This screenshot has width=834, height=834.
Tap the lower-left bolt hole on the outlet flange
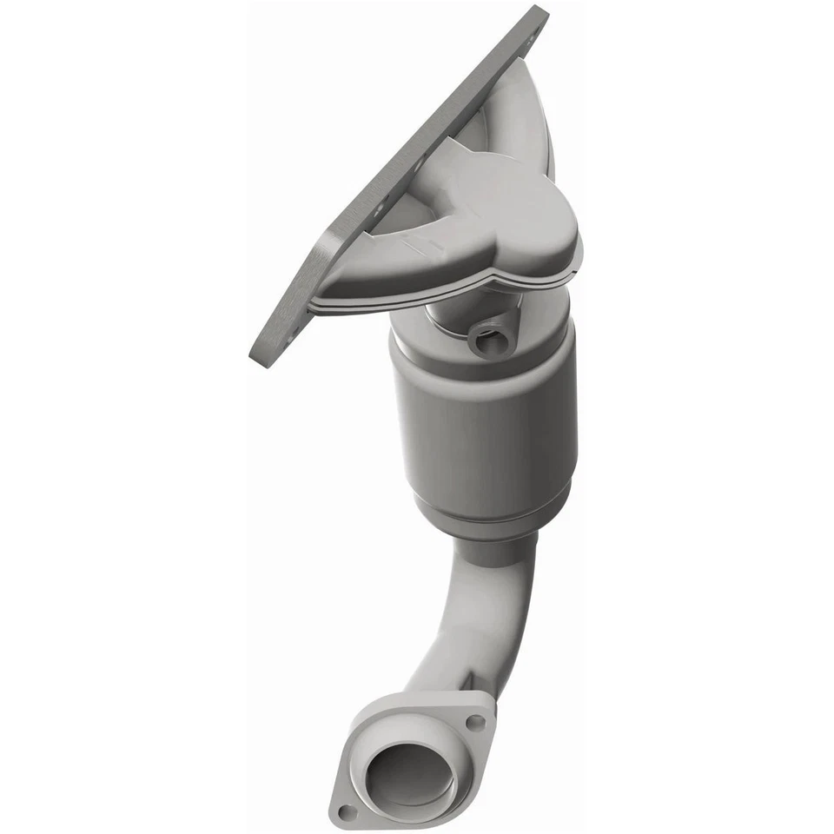[x=347, y=812]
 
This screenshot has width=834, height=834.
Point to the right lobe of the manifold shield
[x=556, y=243]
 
